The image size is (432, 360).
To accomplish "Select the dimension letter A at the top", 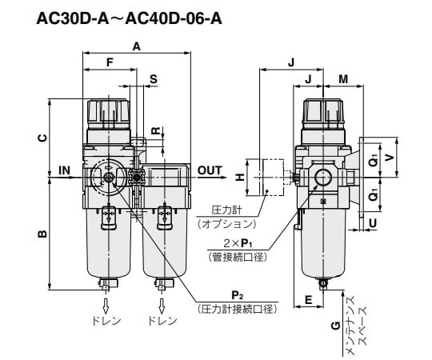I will point(137,47).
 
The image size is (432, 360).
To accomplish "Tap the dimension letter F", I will point(110,62).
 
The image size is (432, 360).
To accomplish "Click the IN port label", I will point(65,170).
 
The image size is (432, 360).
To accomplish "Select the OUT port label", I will point(210,170).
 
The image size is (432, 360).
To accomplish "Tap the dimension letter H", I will point(238,178).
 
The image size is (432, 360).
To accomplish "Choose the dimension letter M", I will point(343,78).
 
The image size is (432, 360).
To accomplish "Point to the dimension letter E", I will point(308,301).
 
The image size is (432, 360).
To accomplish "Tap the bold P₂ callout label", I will point(237,294).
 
